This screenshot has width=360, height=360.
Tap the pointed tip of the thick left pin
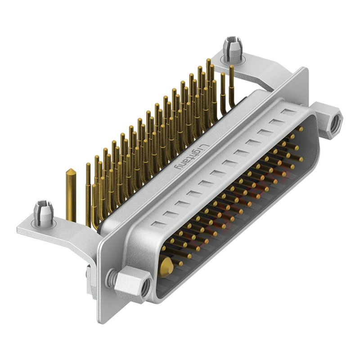[x=71, y=171]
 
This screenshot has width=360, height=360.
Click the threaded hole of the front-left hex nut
[x=144, y=291]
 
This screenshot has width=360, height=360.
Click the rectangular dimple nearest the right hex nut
[x=287, y=111]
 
